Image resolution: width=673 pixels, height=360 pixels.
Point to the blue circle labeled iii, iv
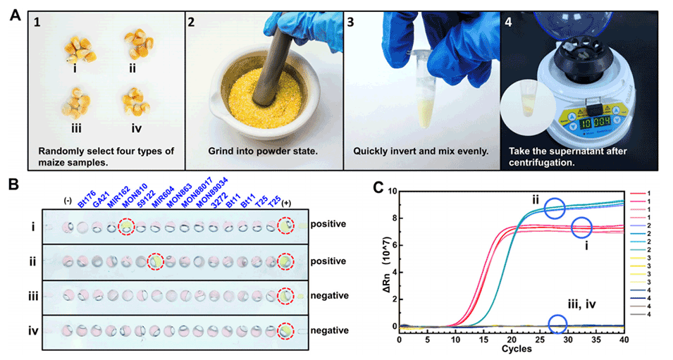click(x=557, y=324)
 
